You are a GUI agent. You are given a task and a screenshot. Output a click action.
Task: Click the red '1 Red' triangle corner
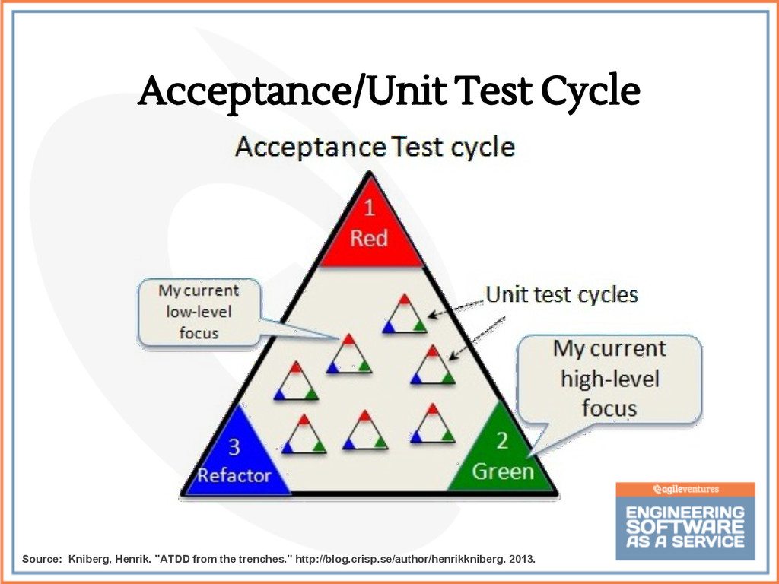pyautogui.click(x=370, y=228)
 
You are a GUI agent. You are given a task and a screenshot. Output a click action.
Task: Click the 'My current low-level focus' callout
pyautogui.click(x=199, y=311)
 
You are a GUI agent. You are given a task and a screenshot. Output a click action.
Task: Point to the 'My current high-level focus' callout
pyautogui.click(x=609, y=378)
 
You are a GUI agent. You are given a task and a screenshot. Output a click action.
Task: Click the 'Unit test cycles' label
pyautogui.click(x=561, y=294)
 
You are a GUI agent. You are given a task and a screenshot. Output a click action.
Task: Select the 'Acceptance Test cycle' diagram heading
pyautogui.click(x=375, y=146)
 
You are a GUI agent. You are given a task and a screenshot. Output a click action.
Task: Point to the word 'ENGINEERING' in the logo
pyautogui.click(x=685, y=513)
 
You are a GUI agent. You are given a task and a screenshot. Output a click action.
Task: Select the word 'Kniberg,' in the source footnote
pyautogui.click(x=90, y=560)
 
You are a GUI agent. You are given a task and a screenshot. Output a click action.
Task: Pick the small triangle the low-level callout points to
pyautogui.click(x=348, y=354)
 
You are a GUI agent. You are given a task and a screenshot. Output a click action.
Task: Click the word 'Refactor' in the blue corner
pyautogui.click(x=234, y=475)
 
